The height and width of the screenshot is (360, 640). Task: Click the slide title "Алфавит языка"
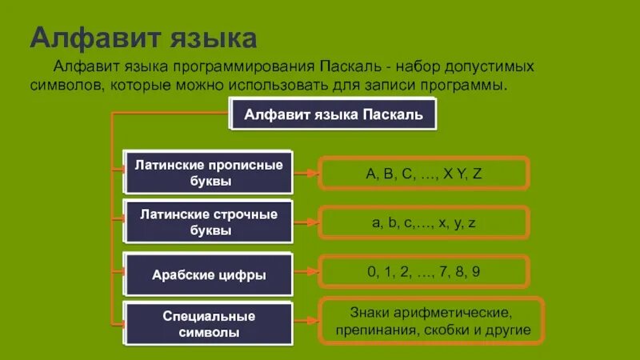point(144,38)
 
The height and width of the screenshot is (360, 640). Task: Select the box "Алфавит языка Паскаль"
point(334,114)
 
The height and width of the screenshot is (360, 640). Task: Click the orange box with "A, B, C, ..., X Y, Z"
point(423,173)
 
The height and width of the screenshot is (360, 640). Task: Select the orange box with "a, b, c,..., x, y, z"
point(423,222)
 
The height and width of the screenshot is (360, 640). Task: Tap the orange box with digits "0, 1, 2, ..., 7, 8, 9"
point(423,272)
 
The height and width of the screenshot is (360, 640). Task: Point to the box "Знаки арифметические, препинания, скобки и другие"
point(431,321)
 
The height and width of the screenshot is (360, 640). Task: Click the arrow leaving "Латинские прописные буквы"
point(306,172)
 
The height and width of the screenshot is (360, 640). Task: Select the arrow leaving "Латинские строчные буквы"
point(306,222)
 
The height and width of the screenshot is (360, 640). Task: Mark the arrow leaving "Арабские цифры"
point(306,273)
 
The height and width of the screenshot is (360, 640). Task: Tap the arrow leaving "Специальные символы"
point(306,323)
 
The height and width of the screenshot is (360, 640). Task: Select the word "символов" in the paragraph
point(62,84)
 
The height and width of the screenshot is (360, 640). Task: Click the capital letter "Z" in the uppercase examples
point(477,173)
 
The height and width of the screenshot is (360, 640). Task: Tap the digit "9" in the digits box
point(476,272)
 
